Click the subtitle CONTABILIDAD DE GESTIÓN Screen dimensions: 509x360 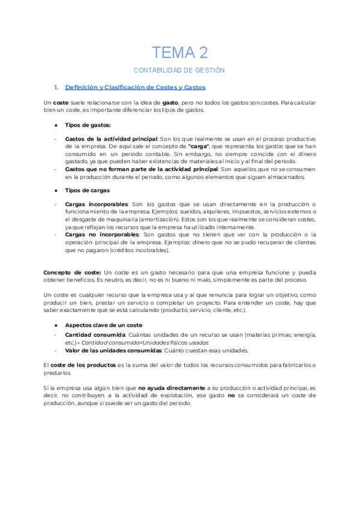pyautogui.click(x=179, y=70)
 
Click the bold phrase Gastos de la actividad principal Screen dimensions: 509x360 pyautogui.click(x=111, y=139)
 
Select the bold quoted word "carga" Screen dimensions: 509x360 pyautogui.click(x=198, y=146)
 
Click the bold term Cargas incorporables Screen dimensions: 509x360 pyautogui.click(x=97, y=204)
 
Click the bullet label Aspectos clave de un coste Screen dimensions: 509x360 pyautogui.click(x=103, y=325)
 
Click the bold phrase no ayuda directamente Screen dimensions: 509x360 pyautogui.click(x=172, y=388)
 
